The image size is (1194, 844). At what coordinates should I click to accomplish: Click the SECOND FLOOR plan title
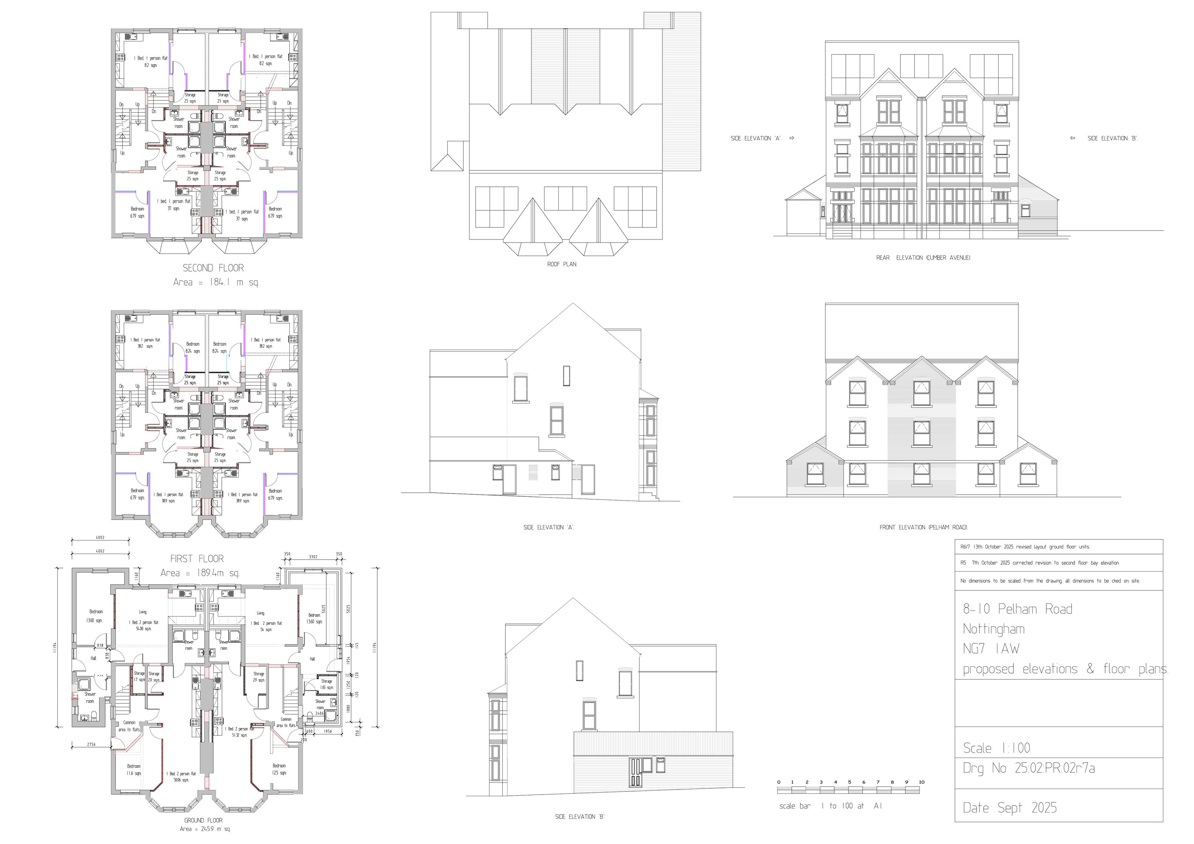click(x=213, y=268)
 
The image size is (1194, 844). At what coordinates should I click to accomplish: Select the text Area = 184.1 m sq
click(x=215, y=282)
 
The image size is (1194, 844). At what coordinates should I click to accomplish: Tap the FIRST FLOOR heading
click(x=197, y=559)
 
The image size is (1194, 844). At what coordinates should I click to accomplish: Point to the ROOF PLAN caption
click(x=562, y=264)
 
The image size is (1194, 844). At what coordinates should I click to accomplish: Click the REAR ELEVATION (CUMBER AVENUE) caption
click(x=923, y=258)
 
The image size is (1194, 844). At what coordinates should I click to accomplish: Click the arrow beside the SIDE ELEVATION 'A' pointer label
click(x=792, y=139)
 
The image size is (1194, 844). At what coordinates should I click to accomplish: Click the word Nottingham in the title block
click(x=994, y=629)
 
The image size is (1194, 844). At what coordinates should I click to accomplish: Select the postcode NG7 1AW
click(x=991, y=649)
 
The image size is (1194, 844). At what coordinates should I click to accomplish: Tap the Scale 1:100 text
click(x=996, y=748)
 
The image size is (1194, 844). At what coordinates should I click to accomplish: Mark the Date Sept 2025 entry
click(x=1009, y=808)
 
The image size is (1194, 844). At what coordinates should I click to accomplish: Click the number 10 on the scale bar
click(x=921, y=782)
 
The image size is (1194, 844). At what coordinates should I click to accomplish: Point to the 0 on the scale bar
click(x=778, y=782)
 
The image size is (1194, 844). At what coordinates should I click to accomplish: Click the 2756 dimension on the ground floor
click(x=91, y=744)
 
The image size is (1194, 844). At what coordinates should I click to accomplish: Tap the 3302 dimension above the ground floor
click(x=313, y=557)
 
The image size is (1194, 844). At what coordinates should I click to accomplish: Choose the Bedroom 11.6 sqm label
click(x=134, y=770)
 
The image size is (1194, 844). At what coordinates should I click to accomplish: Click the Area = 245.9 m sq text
click(x=205, y=829)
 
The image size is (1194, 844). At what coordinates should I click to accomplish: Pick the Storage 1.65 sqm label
click(x=327, y=684)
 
